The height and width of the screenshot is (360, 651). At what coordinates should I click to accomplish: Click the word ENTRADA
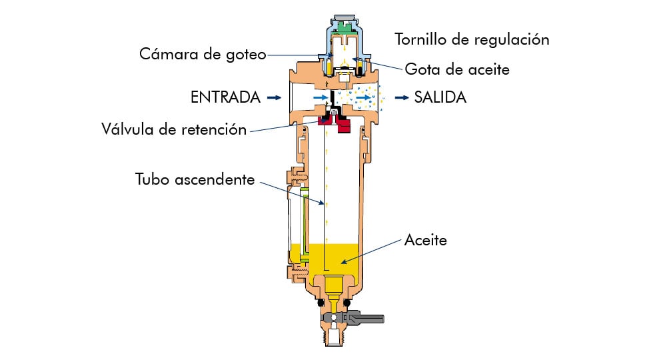click(x=225, y=97)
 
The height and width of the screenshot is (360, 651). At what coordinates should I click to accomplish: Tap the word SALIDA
click(x=440, y=97)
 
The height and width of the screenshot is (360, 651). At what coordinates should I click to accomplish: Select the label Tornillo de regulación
click(x=472, y=39)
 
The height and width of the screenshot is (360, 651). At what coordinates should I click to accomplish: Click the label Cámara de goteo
click(x=201, y=54)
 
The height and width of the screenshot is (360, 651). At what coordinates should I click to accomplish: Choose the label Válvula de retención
click(x=174, y=129)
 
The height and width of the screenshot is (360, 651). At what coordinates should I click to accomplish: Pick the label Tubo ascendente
click(x=195, y=179)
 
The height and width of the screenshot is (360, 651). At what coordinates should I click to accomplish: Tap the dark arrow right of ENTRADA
click(x=274, y=97)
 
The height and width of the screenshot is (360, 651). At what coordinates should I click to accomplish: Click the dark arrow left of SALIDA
click(x=401, y=97)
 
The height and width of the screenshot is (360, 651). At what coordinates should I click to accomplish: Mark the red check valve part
click(x=344, y=124)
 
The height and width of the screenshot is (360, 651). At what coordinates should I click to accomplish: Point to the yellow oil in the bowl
click(x=333, y=260)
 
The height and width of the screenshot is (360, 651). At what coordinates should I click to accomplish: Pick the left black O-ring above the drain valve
click(x=320, y=303)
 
